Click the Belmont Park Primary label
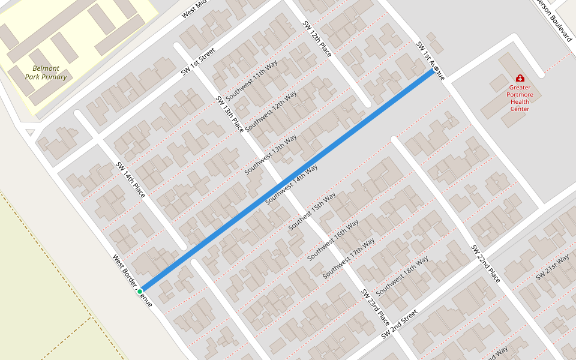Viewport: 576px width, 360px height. click(46, 73)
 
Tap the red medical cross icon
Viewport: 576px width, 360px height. click(520, 78)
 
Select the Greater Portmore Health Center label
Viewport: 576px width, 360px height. click(520, 98)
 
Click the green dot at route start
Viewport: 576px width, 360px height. click(140, 291)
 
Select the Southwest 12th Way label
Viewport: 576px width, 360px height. click(271, 109)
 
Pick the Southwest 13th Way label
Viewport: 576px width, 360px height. click(271, 154)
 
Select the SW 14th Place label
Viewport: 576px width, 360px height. click(131, 179)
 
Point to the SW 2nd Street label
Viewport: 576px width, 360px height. click(398, 325)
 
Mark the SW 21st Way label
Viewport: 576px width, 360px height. click(552, 266)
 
